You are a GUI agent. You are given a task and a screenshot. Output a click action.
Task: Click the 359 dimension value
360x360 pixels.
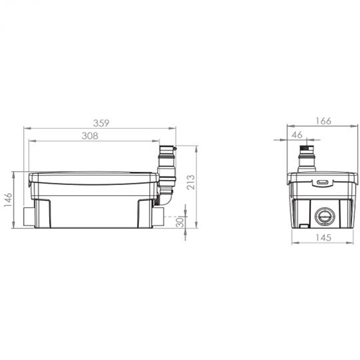101,123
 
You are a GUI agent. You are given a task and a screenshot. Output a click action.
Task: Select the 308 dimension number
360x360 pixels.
90,136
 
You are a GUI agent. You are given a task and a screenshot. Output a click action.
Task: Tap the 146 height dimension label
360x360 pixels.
8,199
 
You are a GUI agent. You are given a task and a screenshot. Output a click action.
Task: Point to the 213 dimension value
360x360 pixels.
191,182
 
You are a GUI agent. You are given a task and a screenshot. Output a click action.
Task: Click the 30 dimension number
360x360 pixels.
180,222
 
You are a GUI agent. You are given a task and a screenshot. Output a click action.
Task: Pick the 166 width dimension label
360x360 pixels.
323,121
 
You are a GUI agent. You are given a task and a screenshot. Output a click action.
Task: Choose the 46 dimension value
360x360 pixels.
297,135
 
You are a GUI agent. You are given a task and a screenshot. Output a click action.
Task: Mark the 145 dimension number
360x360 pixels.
323,238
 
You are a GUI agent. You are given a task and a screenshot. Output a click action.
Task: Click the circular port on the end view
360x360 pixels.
324,216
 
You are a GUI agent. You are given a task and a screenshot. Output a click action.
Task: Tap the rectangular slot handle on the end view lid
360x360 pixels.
323,182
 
